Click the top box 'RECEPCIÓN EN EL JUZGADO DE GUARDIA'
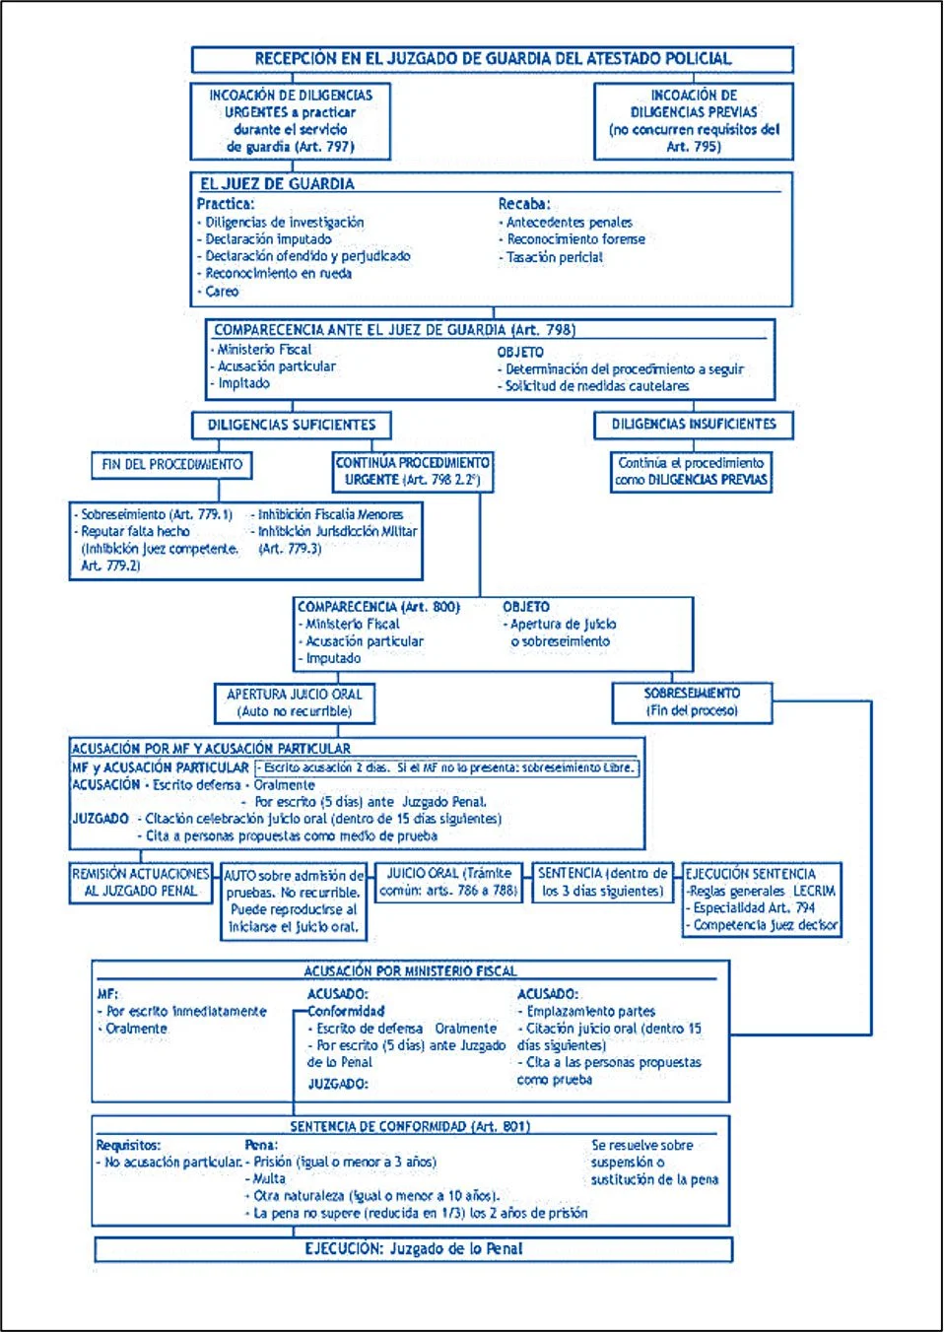point(492,59)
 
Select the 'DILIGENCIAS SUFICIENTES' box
point(291,426)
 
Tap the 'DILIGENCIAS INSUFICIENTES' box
point(694,425)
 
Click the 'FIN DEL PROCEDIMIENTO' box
point(171,465)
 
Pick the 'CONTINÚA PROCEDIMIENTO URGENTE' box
point(413,472)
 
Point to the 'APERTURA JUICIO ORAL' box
point(295,702)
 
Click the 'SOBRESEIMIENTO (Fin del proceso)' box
point(692,702)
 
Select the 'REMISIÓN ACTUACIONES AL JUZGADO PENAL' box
point(140,883)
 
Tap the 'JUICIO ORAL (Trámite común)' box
point(448,883)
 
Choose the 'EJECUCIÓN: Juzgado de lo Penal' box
point(414,1249)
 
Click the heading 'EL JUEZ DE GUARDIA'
point(277,184)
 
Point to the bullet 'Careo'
point(219,292)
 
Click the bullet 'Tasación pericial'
point(551,257)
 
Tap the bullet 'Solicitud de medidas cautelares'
point(593,386)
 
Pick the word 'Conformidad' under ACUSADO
point(346,1011)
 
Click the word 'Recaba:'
point(524,204)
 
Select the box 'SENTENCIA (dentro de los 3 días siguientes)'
point(603,883)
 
